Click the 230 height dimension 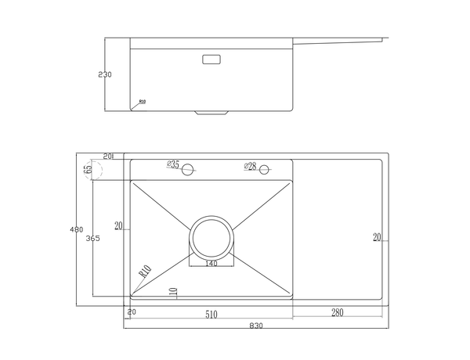pos(106,75)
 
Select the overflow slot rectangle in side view pos(212,58)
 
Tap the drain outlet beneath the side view pos(209,112)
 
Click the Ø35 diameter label pos(173,165)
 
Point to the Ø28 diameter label pos(251,165)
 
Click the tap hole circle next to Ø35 pos(189,170)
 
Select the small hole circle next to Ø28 pos(265,169)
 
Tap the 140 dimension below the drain pos(211,264)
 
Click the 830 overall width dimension pos(255,326)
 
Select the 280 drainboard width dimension pos(338,314)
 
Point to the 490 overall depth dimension pos(76,229)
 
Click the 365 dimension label pos(92,238)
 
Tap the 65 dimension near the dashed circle pos(89,168)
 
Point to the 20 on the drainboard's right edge pos(377,237)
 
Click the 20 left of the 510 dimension pos(132,313)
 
